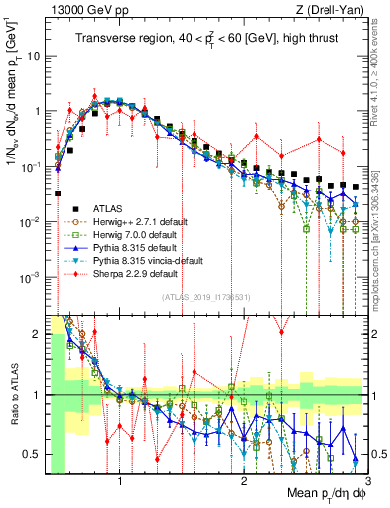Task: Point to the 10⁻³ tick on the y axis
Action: click(x=31, y=276)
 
